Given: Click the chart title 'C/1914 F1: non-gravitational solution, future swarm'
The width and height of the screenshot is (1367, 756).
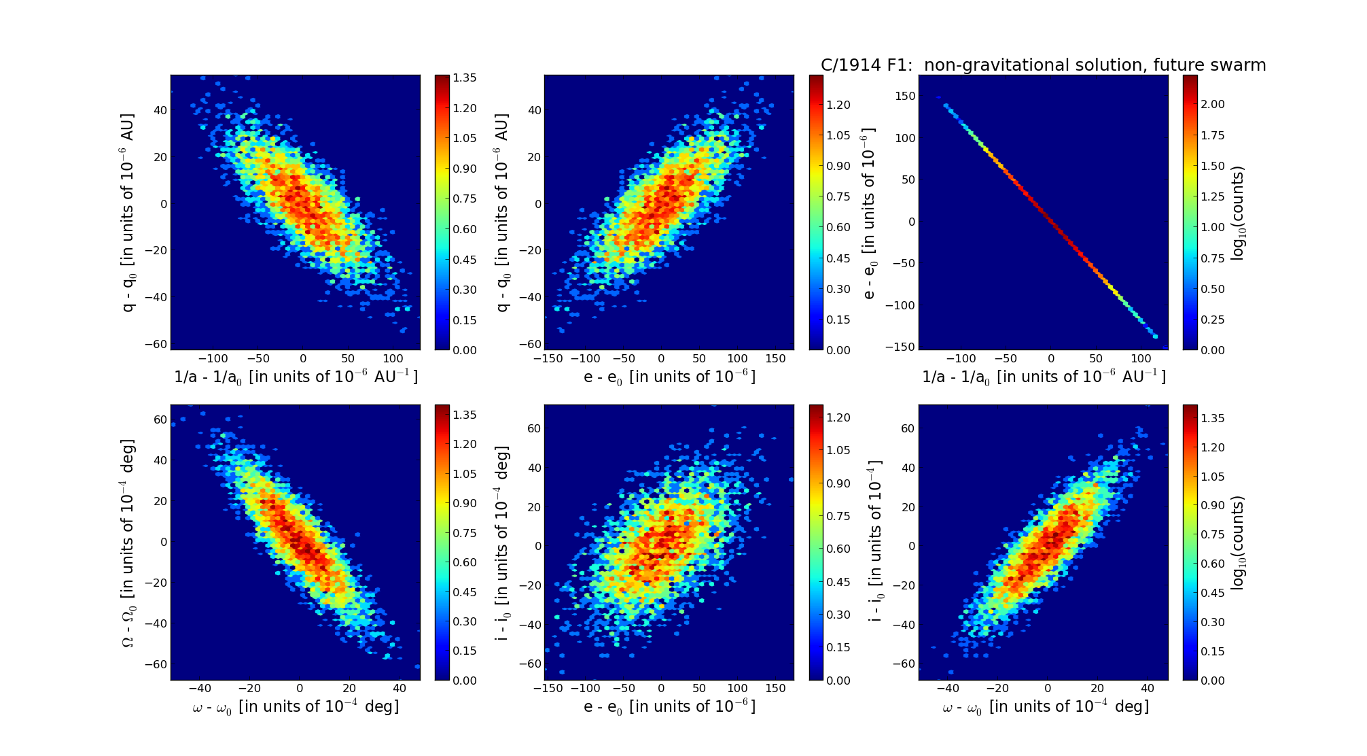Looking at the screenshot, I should click(1043, 65).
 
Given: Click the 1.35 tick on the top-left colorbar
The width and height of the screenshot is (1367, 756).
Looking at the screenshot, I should click(465, 78).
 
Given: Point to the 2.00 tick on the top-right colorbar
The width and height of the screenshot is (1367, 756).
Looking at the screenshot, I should click(1213, 104).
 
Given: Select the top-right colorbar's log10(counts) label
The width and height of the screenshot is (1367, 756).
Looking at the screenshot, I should click(1238, 213).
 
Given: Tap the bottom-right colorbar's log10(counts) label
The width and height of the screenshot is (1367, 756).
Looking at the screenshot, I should click(1238, 543).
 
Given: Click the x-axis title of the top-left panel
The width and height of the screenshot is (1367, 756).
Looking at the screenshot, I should click(296, 377).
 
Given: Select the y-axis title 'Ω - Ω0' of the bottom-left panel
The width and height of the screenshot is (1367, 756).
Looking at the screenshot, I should click(128, 543).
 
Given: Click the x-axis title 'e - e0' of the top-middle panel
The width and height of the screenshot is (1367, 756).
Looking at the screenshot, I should click(669, 377).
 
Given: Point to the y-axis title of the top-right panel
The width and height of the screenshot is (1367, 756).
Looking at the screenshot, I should click(869, 213).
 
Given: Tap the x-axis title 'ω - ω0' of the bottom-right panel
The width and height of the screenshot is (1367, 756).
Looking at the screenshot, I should click(1045, 707).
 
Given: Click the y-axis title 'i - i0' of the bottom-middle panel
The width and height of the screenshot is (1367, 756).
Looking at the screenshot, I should click(502, 543).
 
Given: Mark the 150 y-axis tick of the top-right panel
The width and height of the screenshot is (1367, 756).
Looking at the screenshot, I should click(906, 97).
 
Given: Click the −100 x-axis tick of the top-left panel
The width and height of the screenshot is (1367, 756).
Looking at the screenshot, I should click(212, 359).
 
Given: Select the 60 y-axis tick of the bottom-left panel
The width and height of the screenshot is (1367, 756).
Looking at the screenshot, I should click(160, 420).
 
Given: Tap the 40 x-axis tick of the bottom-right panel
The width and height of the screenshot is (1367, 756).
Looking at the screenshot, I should click(1147, 689).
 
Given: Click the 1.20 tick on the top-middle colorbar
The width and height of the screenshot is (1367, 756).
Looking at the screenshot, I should click(838, 105).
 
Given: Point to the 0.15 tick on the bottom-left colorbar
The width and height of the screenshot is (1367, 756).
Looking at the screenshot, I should click(465, 651).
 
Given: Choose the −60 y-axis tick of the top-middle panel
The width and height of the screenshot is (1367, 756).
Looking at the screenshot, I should click(533, 344).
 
